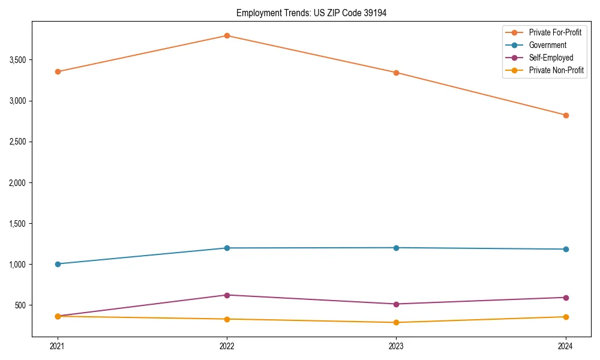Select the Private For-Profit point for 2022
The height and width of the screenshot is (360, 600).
[x=227, y=36]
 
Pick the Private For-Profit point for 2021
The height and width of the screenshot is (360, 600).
[x=58, y=71]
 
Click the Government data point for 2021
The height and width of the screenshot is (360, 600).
[x=58, y=264]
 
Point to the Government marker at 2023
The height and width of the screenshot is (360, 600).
[x=396, y=248]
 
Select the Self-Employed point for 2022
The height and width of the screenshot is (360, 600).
[x=227, y=295]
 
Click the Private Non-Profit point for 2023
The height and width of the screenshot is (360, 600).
[x=396, y=322]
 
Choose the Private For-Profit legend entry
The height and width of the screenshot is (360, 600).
[x=554, y=32]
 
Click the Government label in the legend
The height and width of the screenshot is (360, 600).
[x=547, y=45]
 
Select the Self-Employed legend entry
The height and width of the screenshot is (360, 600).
[x=551, y=58]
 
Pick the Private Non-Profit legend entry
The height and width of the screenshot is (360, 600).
[x=556, y=70]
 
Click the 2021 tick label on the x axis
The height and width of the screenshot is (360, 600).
[x=58, y=346]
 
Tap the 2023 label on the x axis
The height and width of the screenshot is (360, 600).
[x=396, y=346]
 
